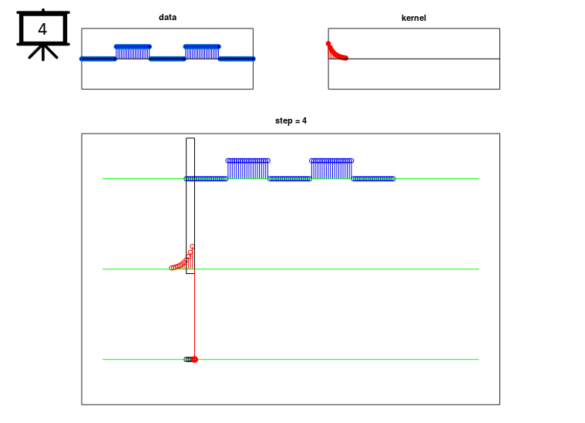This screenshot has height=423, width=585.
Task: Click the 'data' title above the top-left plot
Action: point(167,17)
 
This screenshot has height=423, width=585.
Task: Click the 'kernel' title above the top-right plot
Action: point(413,18)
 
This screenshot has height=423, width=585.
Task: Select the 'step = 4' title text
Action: point(291,120)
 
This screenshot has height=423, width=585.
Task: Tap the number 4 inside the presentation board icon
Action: point(42,29)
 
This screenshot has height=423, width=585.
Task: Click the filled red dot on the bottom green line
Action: point(194,360)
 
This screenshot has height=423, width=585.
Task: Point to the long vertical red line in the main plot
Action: point(194,314)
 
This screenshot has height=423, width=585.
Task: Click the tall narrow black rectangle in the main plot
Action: point(187,205)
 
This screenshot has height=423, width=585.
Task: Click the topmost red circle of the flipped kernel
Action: point(192,246)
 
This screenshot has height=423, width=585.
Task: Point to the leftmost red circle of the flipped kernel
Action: point(171,268)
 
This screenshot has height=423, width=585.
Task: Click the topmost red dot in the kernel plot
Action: point(328,44)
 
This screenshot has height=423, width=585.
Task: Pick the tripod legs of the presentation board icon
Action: point(43,52)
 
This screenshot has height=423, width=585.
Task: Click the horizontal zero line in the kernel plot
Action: point(414,59)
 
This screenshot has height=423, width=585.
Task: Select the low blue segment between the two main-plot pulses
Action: point(290,179)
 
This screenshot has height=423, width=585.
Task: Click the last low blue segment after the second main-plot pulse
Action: point(373,179)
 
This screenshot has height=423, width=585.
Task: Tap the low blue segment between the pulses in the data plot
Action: point(167,59)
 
